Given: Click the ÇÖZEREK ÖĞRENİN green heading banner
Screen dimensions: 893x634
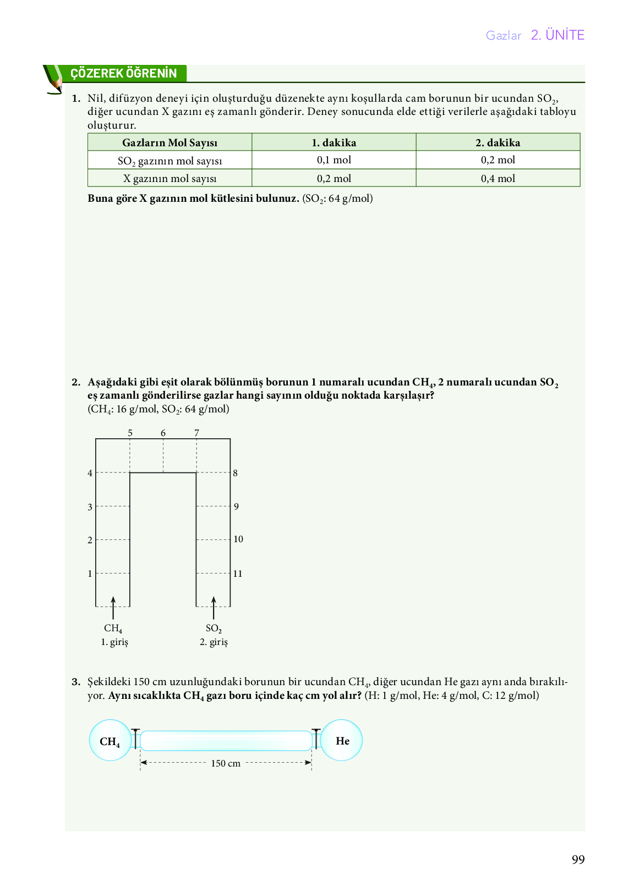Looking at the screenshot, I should point(124,74).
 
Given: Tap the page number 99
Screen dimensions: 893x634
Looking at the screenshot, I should point(578,859).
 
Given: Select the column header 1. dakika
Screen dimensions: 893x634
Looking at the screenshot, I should point(334,142).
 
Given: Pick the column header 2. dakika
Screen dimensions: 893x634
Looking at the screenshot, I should point(498,142).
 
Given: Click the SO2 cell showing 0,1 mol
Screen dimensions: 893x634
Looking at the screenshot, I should point(334,160).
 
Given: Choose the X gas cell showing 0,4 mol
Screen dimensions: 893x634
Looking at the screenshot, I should point(498,178).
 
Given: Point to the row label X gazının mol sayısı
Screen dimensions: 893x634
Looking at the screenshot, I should point(170,178).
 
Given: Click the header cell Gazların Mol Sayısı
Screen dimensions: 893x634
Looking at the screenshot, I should point(170,142).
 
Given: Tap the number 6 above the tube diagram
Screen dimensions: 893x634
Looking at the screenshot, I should point(163,433).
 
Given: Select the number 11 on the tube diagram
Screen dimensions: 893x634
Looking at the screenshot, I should point(238,574).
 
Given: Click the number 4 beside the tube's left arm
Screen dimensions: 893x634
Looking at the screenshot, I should point(90,473).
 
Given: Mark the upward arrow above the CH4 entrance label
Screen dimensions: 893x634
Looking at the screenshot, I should point(113,607).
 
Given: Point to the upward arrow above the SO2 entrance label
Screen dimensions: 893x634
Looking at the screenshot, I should point(214,607).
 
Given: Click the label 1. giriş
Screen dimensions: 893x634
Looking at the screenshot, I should point(114,642).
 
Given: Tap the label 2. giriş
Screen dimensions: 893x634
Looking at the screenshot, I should point(214,642).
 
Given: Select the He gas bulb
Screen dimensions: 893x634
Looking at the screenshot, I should point(342,741).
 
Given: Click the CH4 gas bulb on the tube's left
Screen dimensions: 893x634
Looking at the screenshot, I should point(110,741).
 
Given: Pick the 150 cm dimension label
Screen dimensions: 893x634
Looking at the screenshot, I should point(226,763).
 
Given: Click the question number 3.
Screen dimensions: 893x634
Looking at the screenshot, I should point(76,682).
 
